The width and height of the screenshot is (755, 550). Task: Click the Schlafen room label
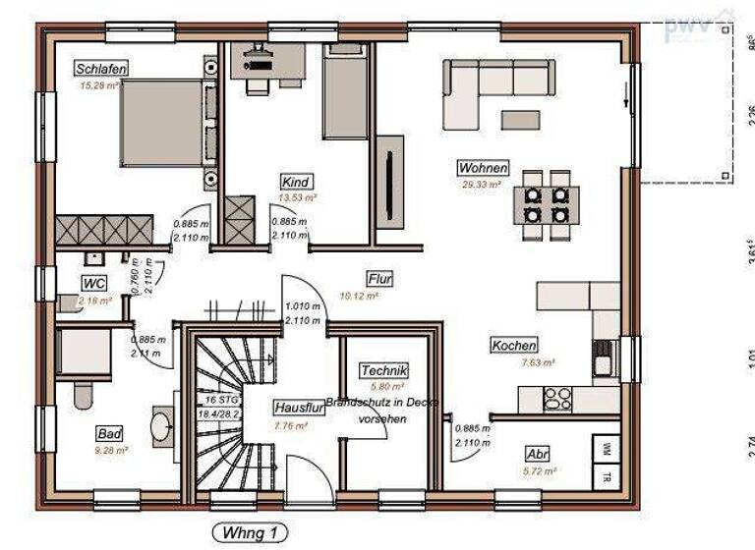pyautogui.click(x=102, y=69)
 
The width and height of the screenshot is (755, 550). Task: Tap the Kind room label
pyautogui.click(x=296, y=183)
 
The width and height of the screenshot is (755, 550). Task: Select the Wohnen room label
pyautogui.click(x=482, y=167)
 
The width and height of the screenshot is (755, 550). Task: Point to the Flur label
pyautogui.click(x=379, y=279)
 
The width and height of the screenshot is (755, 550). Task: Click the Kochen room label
pyautogui.click(x=514, y=346)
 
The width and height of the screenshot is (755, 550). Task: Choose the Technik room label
pyautogui.click(x=383, y=370)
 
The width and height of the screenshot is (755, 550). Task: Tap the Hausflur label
pyautogui.click(x=294, y=408)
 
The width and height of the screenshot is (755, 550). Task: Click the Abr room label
pyautogui.click(x=537, y=455)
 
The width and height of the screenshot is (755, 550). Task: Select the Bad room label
pyautogui.click(x=109, y=433)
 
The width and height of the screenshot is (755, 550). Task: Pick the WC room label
pyautogui.click(x=94, y=284)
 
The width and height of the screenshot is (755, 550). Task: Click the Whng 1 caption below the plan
pyautogui.click(x=251, y=533)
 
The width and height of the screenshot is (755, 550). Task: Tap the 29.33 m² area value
pyautogui.click(x=482, y=184)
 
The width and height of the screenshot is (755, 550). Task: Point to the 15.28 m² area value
pyautogui.click(x=99, y=85)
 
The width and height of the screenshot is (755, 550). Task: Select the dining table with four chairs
pyautogui.click(x=546, y=203)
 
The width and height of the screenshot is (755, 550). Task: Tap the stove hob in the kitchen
pyautogui.click(x=558, y=399)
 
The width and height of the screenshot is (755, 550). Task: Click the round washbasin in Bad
pyautogui.click(x=162, y=426)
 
